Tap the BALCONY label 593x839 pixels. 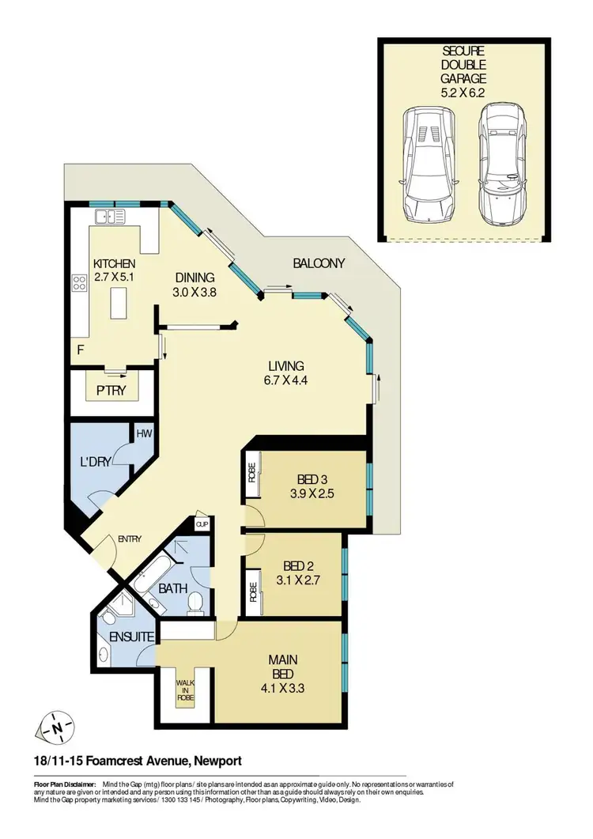319,263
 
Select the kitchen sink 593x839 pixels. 110,215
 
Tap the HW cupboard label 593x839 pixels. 143,434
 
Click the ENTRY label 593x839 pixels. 130,539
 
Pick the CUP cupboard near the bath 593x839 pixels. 201,524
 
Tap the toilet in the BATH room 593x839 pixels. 198,605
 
